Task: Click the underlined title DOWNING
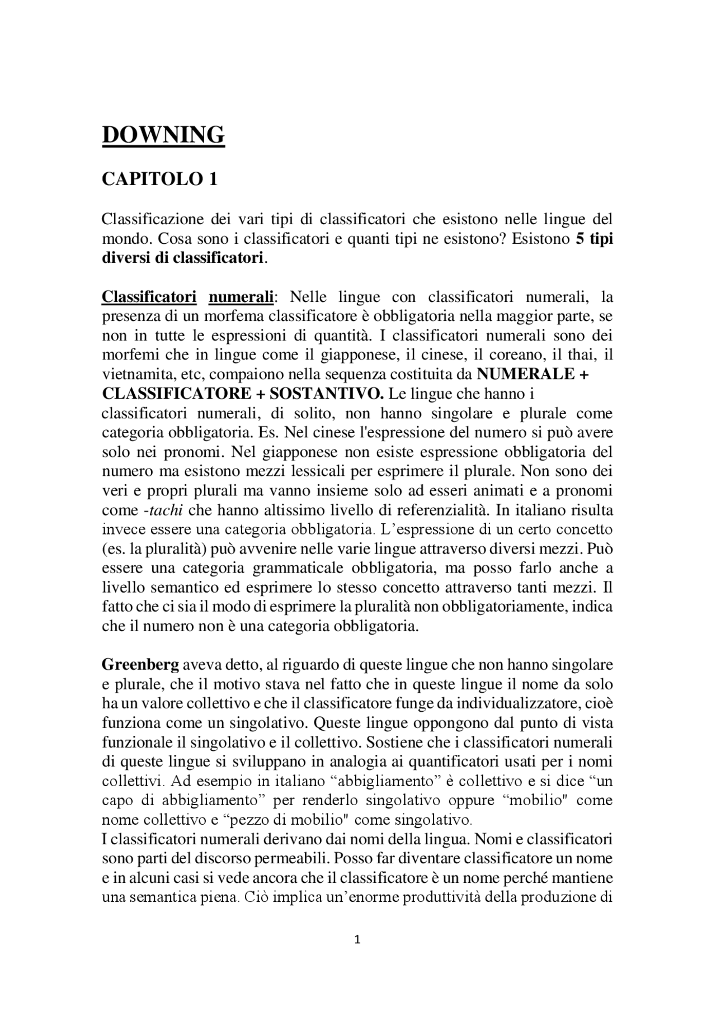click(x=163, y=135)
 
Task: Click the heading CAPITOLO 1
click(x=159, y=179)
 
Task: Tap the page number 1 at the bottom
click(x=358, y=939)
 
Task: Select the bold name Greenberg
click(x=140, y=665)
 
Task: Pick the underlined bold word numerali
click(x=241, y=297)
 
